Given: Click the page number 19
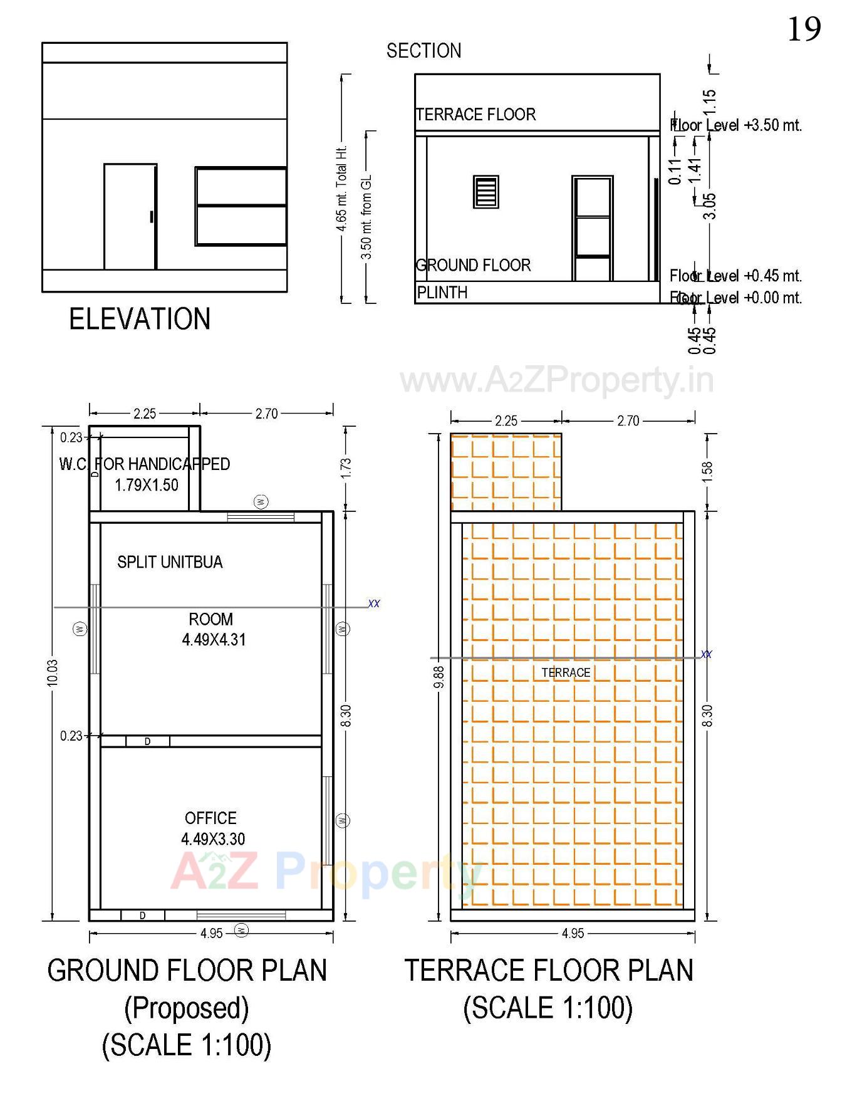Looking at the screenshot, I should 804,29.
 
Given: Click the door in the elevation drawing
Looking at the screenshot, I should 130,217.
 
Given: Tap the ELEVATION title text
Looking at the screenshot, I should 139,319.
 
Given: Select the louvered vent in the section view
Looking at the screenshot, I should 485,192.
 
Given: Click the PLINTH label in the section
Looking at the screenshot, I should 442,293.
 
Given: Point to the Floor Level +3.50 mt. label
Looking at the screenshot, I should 736,125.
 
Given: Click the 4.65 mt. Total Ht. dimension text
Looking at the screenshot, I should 342,189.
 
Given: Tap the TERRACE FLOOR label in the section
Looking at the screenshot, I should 476,115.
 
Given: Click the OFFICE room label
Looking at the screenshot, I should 210,818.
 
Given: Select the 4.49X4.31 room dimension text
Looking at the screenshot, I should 214,640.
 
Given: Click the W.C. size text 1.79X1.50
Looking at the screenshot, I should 147,485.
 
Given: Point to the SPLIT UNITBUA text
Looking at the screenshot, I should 170,562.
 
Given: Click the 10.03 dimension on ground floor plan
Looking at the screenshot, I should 53,672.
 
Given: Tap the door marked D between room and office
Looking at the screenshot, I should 148,741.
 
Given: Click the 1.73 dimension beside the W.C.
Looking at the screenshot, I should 346,467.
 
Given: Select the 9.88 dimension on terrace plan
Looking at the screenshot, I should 439,676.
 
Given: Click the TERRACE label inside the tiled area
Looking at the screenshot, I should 566,673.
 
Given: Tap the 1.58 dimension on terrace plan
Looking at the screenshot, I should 707,471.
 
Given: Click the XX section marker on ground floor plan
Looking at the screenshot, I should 374,603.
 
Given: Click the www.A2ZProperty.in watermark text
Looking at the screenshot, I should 557,380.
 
